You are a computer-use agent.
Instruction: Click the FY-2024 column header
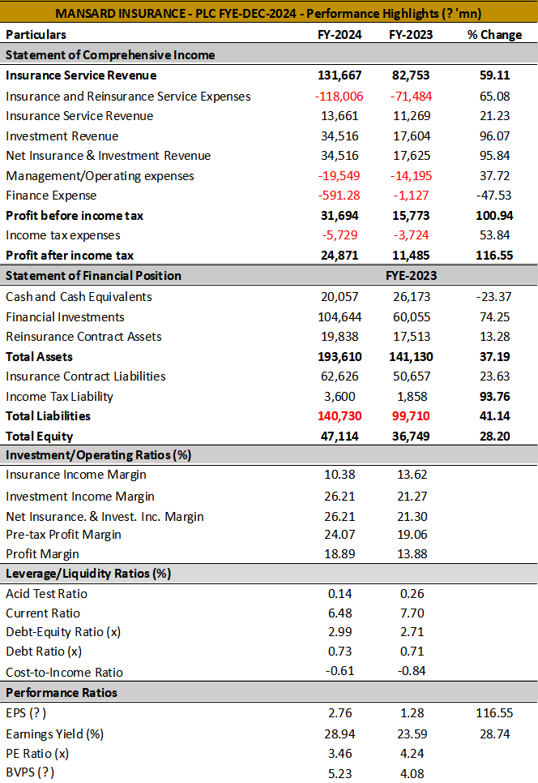click(339, 34)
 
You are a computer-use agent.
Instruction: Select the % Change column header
click(494, 34)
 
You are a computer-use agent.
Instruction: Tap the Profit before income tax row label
click(75, 216)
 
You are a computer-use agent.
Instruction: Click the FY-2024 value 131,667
click(339, 75)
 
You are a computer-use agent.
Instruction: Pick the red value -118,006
click(339, 97)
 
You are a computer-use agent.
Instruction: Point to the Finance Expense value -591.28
click(339, 196)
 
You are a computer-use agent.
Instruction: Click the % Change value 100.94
click(494, 216)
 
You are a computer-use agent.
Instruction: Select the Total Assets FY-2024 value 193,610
click(339, 356)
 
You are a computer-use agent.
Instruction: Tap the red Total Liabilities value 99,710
click(412, 416)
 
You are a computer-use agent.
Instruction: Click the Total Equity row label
click(40, 437)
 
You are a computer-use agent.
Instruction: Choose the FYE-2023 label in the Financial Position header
click(412, 276)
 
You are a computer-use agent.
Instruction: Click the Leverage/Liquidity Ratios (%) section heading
click(88, 574)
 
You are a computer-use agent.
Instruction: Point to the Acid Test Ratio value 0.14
click(340, 594)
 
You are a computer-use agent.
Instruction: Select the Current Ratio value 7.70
click(412, 613)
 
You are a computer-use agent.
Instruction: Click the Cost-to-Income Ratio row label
click(64, 672)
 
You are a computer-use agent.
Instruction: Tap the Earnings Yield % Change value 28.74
click(494, 734)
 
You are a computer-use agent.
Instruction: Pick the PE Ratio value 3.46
click(340, 754)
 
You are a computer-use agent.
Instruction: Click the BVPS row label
click(30, 772)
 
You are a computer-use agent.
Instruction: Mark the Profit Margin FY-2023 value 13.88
click(412, 554)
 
